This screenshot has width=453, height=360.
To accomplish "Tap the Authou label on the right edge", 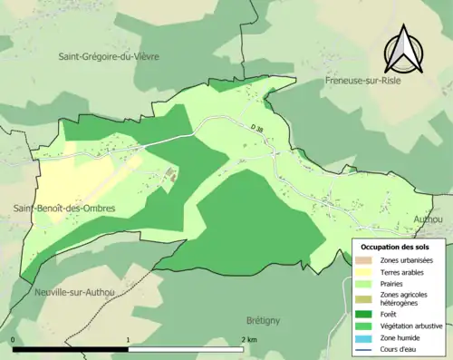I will (428, 219).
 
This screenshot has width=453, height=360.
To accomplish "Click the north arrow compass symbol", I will (404, 52).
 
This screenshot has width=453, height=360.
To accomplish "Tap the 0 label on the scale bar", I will (14, 340).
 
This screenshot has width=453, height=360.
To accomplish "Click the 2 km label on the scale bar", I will (249, 340).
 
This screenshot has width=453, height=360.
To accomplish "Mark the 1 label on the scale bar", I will (129, 340).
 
